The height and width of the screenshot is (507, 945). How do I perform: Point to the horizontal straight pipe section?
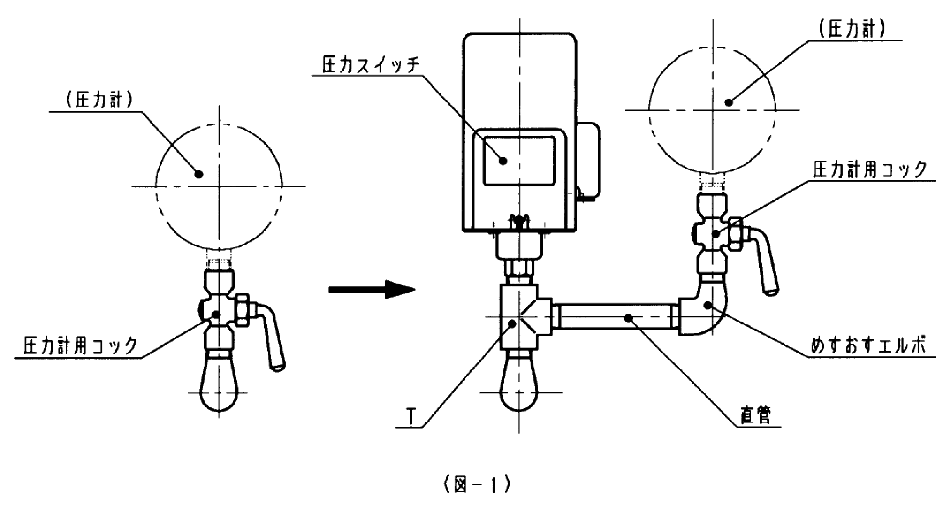tap(616, 317)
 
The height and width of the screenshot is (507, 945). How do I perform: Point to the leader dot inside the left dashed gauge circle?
tap(199, 174)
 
